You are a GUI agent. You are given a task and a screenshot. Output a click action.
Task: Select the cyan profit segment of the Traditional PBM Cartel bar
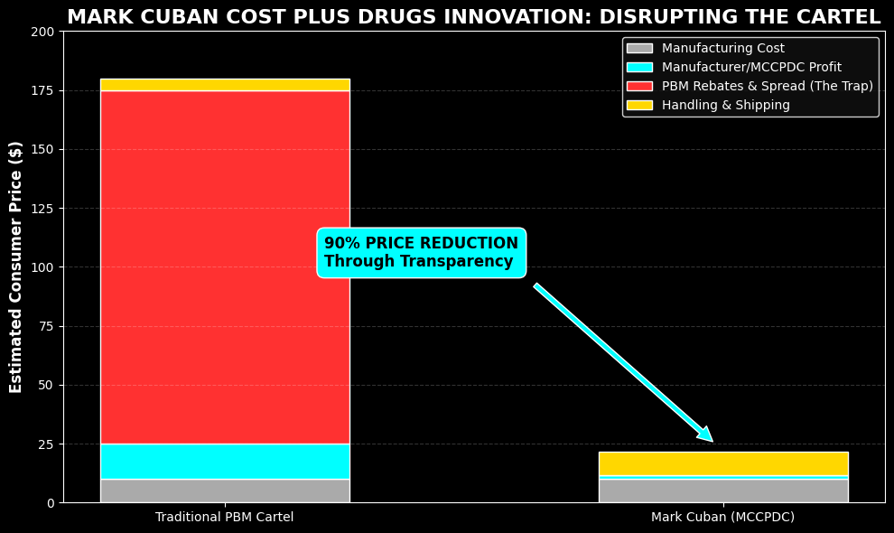click(x=225, y=461)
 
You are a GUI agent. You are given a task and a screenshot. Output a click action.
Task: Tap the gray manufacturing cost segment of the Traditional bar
click(x=225, y=491)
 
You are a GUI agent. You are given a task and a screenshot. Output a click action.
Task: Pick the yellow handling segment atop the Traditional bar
click(x=225, y=84)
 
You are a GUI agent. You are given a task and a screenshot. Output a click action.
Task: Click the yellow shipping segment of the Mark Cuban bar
click(x=722, y=463)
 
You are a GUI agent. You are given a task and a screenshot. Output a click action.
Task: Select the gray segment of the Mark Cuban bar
click(x=722, y=491)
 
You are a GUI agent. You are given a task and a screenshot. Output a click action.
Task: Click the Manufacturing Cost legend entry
click(x=722, y=49)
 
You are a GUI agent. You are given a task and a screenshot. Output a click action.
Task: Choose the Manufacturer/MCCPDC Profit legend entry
click(x=750, y=68)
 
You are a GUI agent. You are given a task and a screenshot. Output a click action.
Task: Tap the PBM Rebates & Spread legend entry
click(x=767, y=87)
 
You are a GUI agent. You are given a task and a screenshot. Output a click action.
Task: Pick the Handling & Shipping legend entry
click(x=725, y=106)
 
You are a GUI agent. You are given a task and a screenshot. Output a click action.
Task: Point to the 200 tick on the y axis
click(x=42, y=32)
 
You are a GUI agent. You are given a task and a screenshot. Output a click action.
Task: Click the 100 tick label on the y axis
click(x=42, y=267)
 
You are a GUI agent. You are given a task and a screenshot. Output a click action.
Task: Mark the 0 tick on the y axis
click(x=51, y=503)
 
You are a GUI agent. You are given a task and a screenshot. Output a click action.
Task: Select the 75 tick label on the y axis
click(x=46, y=326)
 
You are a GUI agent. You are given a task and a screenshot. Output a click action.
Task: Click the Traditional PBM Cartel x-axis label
click(x=225, y=518)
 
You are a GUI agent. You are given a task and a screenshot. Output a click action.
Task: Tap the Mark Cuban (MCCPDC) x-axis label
click(x=722, y=518)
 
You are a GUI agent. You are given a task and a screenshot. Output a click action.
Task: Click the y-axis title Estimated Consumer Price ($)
click(x=16, y=266)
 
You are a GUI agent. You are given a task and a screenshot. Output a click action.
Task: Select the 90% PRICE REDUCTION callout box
click(x=421, y=253)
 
